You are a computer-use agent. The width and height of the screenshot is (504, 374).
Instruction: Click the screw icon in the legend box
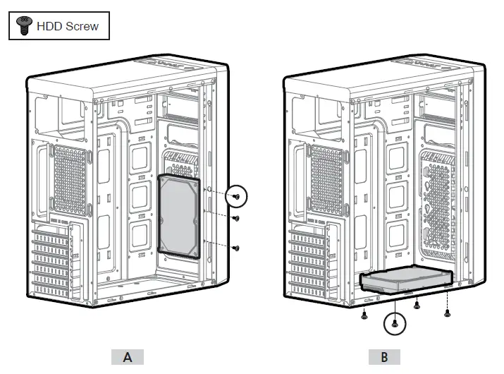24,27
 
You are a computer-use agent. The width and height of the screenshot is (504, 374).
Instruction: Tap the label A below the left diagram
127,356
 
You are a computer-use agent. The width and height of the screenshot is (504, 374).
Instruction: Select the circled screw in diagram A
238,197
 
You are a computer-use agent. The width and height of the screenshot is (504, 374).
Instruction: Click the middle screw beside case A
237,218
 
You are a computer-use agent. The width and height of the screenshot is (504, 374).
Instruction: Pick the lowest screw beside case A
237,248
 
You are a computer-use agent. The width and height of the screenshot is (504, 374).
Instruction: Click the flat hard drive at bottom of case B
406,282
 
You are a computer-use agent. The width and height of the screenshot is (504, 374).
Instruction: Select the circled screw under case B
395,323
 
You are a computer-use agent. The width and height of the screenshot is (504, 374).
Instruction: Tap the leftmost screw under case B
364,316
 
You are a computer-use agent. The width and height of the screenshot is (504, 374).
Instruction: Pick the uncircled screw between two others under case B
417,306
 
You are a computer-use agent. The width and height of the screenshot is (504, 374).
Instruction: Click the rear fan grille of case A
62,180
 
